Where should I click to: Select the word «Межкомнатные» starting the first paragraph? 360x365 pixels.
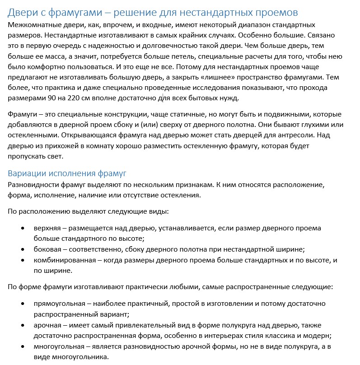pos(31,25)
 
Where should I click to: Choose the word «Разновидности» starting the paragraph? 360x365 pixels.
pos(33,185)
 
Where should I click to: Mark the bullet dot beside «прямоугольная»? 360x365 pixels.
pos(23,304)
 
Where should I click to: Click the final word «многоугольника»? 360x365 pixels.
pos(79,357)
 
